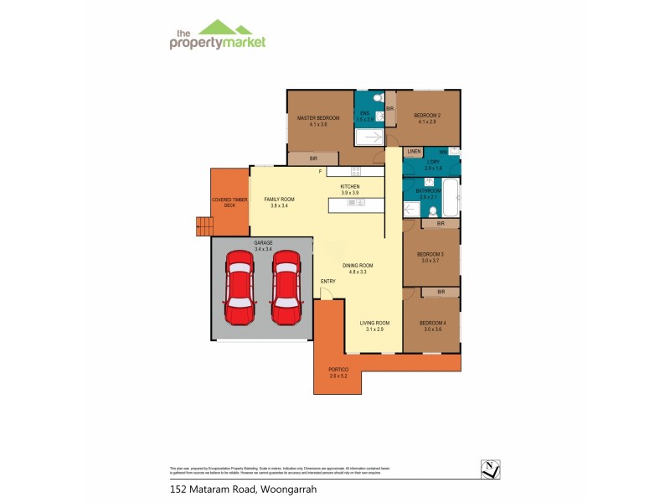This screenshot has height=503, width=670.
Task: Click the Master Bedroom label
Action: click(x=317, y=118)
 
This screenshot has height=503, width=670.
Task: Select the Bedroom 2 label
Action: click(x=426, y=115)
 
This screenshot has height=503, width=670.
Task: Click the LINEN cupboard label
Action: click(x=413, y=152)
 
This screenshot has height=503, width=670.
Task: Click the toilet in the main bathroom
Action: click(x=410, y=210)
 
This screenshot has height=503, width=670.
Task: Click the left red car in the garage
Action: click(x=240, y=288)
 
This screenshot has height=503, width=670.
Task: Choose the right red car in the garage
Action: click(x=286, y=288)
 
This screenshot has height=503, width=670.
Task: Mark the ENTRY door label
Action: click(x=327, y=281)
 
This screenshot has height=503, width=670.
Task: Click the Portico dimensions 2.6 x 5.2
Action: click(x=338, y=376)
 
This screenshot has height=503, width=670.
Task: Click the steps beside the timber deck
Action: click(x=203, y=225)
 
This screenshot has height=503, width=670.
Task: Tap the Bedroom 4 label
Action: click(x=431, y=323)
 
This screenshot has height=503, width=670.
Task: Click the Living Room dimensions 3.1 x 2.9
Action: click(x=374, y=329)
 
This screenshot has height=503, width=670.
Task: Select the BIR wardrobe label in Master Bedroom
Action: click(x=312, y=158)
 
